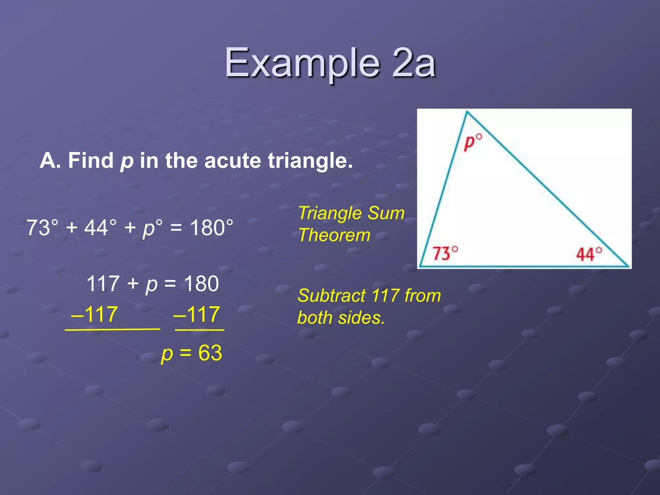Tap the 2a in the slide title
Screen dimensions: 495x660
pyautogui.click(x=414, y=63)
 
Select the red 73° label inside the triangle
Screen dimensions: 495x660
pyautogui.click(x=445, y=253)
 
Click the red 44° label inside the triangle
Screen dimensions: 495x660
pyautogui.click(x=589, y=254)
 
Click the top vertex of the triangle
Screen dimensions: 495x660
pyautogui.click(x=467, y=112)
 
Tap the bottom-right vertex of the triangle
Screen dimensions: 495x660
pyautogui.click(x=628, y=266)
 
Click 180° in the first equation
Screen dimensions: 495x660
pyautogui.click(x=211, y=228)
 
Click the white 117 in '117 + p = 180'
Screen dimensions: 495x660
pyautogui.click(x=103, y=284)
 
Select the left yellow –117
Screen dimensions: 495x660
pyautogui.click(x=94, y=314)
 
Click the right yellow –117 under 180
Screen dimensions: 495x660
pyautogui.click(x=197, y=314)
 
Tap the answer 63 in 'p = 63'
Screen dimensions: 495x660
pyautogui.click(x=210, y=353)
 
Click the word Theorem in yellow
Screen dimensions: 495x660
pyautogui.click(x=334, y=235)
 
